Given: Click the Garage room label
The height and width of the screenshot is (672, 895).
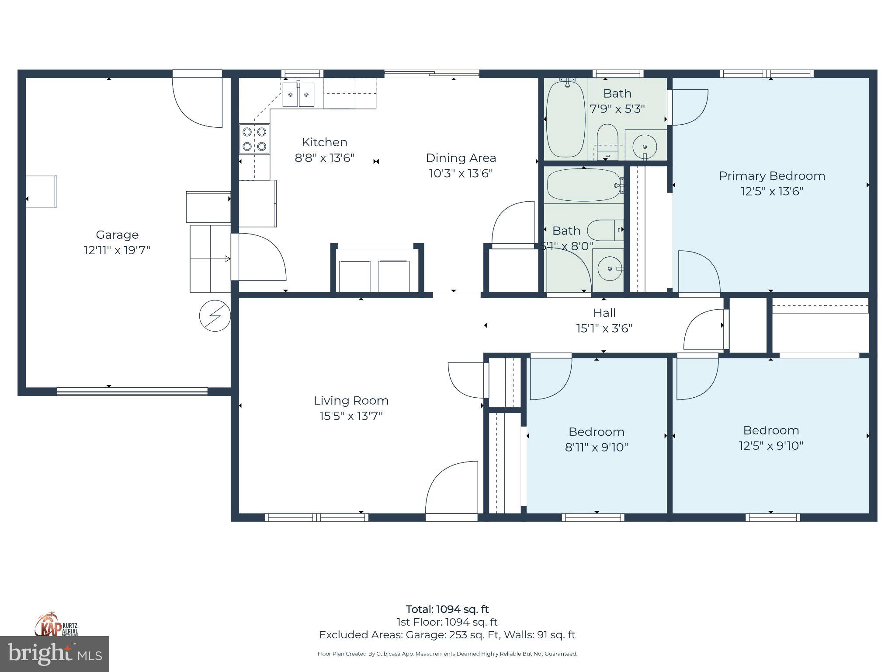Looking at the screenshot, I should pos(117,235).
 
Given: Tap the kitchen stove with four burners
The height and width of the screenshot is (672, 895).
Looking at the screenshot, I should pos(254,139).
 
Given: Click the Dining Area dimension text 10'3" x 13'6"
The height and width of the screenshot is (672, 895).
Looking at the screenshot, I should pos(461,173).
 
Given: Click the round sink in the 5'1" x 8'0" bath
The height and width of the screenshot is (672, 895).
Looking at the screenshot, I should pos(609,268).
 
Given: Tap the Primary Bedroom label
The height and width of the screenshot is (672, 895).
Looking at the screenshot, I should pos(772,176).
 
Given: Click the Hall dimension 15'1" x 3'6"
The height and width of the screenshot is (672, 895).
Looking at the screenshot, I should pos(604,329).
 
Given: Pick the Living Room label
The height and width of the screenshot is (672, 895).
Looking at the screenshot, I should pos(351,401).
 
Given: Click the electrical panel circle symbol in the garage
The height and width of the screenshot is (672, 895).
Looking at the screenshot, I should pos(215,315).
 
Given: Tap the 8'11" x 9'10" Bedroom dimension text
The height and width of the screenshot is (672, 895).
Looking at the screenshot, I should pos(596,447).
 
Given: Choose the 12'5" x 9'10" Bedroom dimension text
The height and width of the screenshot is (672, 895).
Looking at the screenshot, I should pos(771,446).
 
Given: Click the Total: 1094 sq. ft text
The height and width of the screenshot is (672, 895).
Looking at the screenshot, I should pos(447,609).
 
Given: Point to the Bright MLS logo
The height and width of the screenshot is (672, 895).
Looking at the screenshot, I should pos(54,654).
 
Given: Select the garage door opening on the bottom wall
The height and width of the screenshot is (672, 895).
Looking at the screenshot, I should pos(132,392).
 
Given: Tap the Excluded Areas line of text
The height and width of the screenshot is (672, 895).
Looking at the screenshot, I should pos(447,635).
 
